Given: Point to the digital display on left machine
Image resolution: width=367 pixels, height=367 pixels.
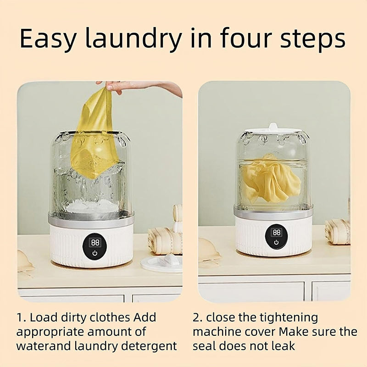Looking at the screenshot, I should point(95,242).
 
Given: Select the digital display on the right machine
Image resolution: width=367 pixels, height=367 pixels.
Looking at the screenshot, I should point(276,232).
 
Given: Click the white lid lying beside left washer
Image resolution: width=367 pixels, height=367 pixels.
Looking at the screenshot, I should point(161,263).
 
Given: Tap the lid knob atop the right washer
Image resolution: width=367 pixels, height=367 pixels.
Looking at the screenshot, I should point(273,127).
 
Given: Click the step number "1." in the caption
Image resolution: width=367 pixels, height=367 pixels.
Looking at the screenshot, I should point(22,317).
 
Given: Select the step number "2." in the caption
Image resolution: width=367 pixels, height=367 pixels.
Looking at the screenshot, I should point(198,317).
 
